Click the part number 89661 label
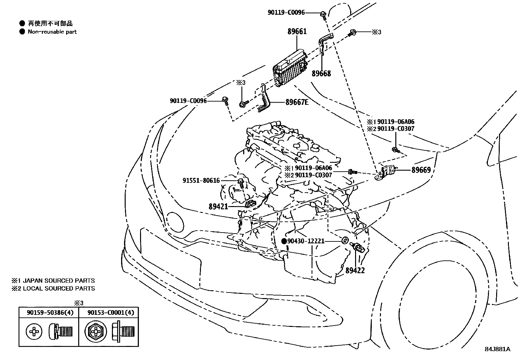[297, 31]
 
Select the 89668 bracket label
[321, 73]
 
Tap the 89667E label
[296, 102]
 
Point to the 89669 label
[421, 170]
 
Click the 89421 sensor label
[218, 207]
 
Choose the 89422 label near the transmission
[355, 271]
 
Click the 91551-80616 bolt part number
[201, 180]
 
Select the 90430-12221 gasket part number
[306, 241]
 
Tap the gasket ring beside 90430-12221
[345, 240]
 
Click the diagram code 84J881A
[497, 349]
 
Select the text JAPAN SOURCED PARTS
[59, 281]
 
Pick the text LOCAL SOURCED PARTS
[59, 289]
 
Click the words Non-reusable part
[52, 32]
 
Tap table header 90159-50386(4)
[50, 313]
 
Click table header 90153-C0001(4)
[111, 313]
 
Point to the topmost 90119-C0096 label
[286, 12]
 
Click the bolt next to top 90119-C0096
[323, 14]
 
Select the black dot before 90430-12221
[284, 241]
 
